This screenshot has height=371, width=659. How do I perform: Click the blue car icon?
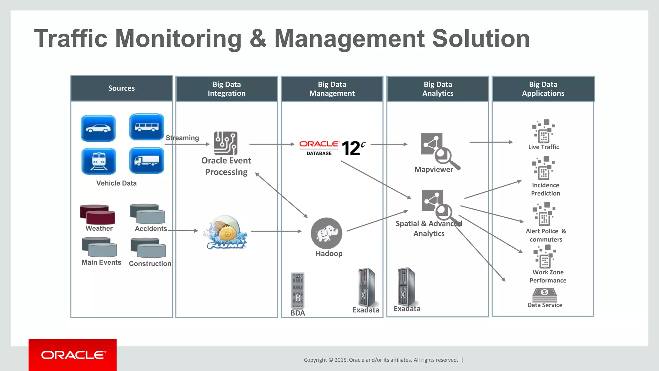(x=98, y=128)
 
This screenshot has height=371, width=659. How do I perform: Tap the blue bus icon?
(x=147, y=127)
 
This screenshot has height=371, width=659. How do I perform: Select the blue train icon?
(x=99, y=161)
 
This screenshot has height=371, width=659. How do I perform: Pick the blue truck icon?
(x=147, y=160)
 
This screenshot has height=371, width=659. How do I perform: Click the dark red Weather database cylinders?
(x=97, y=214)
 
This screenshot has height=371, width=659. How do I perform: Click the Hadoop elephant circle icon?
(x=327, y=233)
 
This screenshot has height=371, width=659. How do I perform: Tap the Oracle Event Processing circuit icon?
(x=226, y=143)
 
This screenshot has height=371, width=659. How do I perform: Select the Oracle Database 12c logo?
(x=332, y=148)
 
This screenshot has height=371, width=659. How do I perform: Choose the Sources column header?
(x=121, y=89)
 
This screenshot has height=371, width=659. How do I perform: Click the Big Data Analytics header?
(x=438, y=89)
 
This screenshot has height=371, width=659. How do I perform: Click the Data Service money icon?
(x=544, y=294)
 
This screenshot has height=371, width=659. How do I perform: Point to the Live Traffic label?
(x=543, y=147)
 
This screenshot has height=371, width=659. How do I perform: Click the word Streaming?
(x=182, y=138)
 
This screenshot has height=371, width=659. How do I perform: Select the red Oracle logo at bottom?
(x=73, y=355)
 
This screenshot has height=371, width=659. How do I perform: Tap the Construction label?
(x=150, y=264)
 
